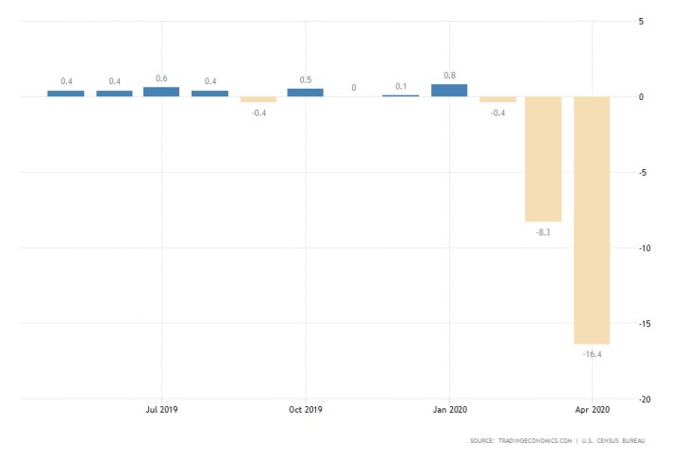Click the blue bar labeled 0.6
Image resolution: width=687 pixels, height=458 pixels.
click(x=161, y=92)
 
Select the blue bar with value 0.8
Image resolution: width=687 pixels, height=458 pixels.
click(x=449, y=91)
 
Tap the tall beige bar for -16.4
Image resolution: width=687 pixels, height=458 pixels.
click(x=592, y=220)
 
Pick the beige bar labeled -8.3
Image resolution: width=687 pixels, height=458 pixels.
click(x=544, y=159)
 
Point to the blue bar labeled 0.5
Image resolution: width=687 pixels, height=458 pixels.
click(x=305, y=93)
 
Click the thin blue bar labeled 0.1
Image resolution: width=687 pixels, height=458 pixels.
click(x=401, y=95)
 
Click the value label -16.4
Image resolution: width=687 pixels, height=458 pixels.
click(x=592, y=354)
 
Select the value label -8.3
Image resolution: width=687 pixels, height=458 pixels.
click(x=544, y=231)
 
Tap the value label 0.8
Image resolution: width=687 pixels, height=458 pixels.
click(x=449, y=75)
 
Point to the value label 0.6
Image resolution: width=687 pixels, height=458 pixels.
click(x=161, y=78)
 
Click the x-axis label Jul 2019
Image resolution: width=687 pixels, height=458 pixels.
click(x=161, y=410)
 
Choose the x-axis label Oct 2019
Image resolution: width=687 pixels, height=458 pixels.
click(x=305, y=410)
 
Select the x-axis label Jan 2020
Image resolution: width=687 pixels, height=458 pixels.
click(x=449, y=410)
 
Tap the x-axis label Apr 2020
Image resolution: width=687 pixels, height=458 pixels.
click(x=592, y=410)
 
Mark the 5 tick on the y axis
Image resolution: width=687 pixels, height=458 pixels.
click(x=641, y=22)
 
